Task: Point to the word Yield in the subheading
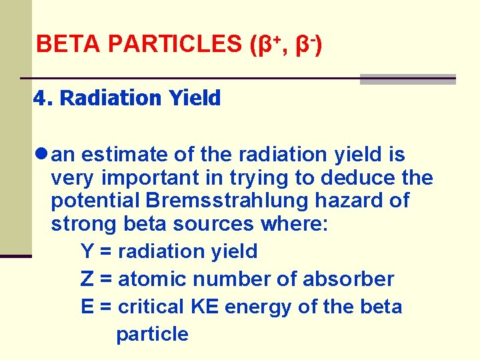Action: [194, 99]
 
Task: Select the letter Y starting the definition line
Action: [87, 251]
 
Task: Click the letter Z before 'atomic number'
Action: [87, 279]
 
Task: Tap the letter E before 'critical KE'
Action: [87, 307]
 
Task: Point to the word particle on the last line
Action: [152, 334]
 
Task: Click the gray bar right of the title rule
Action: [407, 79]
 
